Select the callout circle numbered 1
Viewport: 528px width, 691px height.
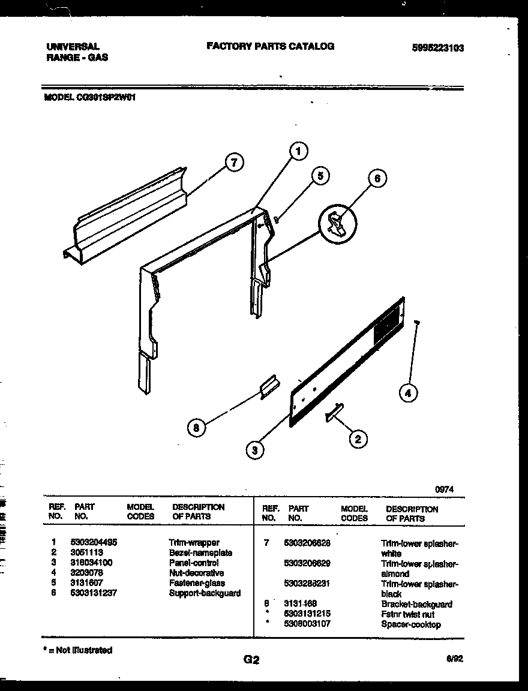(298, 152)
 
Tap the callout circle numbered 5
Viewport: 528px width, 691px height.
(320, 176)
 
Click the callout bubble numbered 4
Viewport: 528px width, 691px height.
(408, 393)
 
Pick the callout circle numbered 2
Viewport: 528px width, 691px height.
(358, 439)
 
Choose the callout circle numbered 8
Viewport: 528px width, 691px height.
(196, 428)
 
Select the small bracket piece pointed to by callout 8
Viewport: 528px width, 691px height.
(268, 387)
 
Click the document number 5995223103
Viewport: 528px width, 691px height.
(437, 49)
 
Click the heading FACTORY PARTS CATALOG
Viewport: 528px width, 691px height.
(270, 46)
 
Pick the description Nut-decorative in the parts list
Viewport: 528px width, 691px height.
(196, 573)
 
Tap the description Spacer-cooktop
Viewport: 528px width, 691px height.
(410, 624)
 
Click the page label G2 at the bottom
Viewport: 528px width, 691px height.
(251, 660)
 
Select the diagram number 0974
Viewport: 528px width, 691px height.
(444, 489)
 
